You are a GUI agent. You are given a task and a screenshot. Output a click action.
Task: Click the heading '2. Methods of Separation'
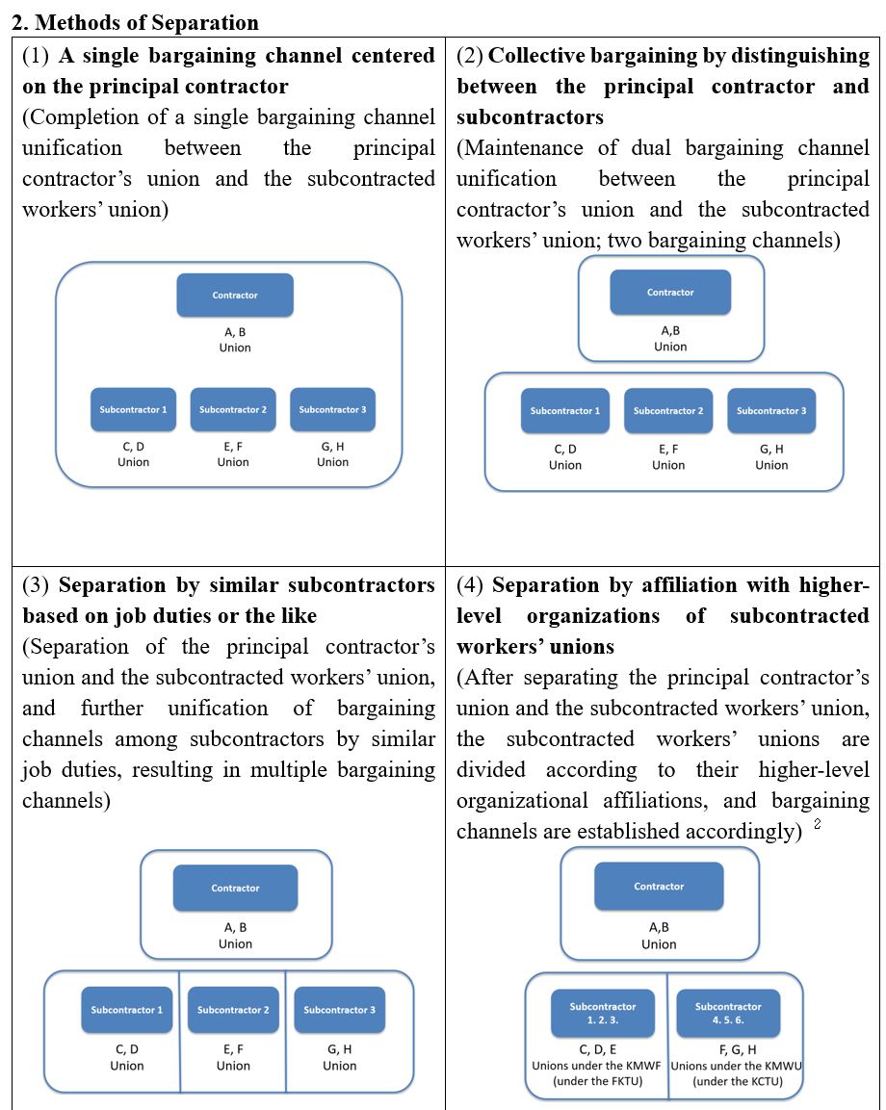coord(135,21)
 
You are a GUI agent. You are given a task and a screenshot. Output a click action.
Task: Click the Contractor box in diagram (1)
coord(235,295)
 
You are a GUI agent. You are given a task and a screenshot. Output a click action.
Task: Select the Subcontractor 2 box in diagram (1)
coord(233,409)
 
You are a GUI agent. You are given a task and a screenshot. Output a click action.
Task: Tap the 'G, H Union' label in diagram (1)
coord(332,454)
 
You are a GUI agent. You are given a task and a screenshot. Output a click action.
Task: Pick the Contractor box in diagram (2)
coord(670,292)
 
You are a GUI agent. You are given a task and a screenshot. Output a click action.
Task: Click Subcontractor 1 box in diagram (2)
coord(564,411)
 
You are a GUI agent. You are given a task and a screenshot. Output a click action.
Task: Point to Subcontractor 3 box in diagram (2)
coord(771,411)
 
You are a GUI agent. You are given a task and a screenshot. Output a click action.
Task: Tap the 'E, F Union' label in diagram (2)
coord(668,457)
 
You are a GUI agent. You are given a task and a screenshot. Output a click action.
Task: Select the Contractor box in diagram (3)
coord(235,888)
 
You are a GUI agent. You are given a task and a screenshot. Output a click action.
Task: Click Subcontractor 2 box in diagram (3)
coord(233,1010)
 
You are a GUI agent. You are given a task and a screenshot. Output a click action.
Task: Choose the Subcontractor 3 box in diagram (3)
coord(339,1010)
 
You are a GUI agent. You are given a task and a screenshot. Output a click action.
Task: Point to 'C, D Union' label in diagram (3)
coord(127,1057)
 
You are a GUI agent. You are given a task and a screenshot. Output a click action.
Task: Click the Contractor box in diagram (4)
coord(659,886)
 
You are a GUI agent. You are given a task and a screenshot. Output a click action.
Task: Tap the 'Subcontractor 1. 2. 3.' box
coord(602,1013)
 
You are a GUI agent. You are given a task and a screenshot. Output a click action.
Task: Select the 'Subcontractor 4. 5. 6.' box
coord(728,1013)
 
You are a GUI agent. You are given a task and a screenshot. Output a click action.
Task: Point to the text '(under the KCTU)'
coord(737,1081)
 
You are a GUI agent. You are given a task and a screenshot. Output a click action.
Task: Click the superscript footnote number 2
coord(818,823)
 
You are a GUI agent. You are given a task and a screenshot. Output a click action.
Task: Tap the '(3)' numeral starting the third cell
coord(37,585)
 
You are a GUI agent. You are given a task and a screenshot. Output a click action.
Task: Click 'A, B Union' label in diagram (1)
coord(235,340)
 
